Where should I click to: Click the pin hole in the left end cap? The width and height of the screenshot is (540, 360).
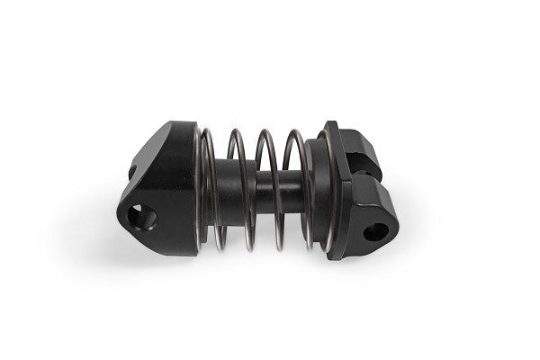[x=141, y=217]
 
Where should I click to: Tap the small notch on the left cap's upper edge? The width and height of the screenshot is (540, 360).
[x=131, y=168]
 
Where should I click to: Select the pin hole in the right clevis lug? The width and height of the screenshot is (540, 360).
[x=375, y=231]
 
